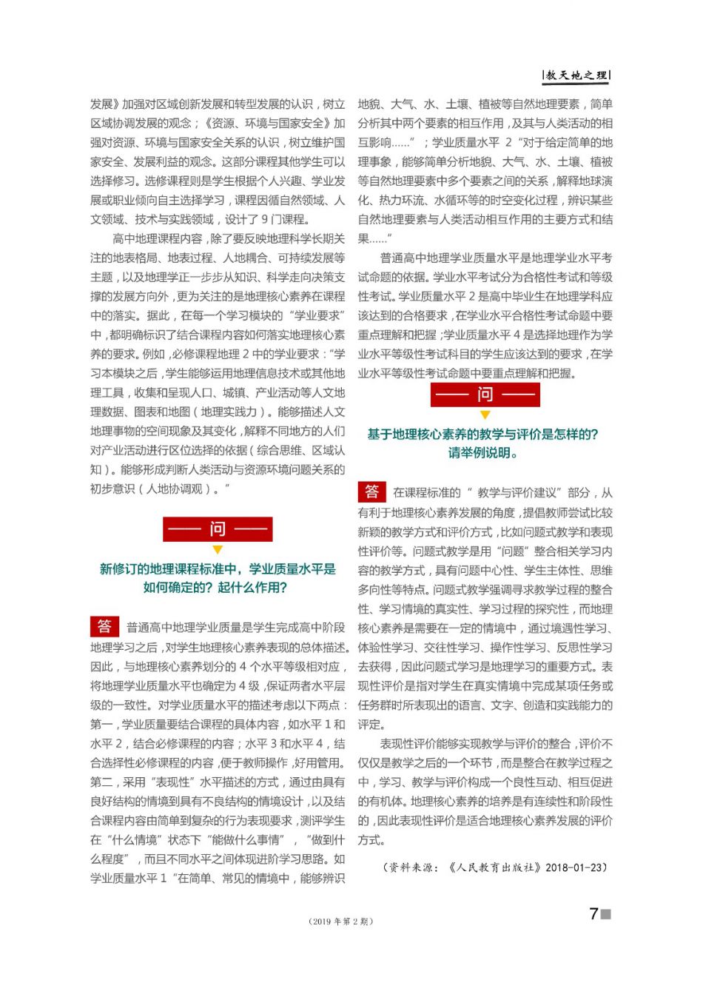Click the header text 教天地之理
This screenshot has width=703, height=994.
pos(577,75)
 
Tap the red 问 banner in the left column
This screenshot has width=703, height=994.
pos(218,529)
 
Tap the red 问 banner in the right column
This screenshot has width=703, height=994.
pos(485,394)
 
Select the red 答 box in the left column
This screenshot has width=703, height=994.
pos(104,626)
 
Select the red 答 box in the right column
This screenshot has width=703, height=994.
pos(371,491)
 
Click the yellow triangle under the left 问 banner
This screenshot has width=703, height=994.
pos(218,550)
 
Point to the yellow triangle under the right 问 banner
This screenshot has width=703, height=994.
pos(485,415)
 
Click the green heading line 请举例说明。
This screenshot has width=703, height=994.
pos(482,453)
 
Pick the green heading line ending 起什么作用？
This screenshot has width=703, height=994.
pos(215,588)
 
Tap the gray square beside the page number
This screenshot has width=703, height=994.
pos(606,915)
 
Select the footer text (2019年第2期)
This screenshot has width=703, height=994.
pos(341,921)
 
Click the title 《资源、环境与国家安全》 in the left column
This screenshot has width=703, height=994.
pos(263,123)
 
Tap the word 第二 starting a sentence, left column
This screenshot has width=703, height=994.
pos(101,782)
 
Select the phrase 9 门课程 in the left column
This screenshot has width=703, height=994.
pos(286,219)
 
